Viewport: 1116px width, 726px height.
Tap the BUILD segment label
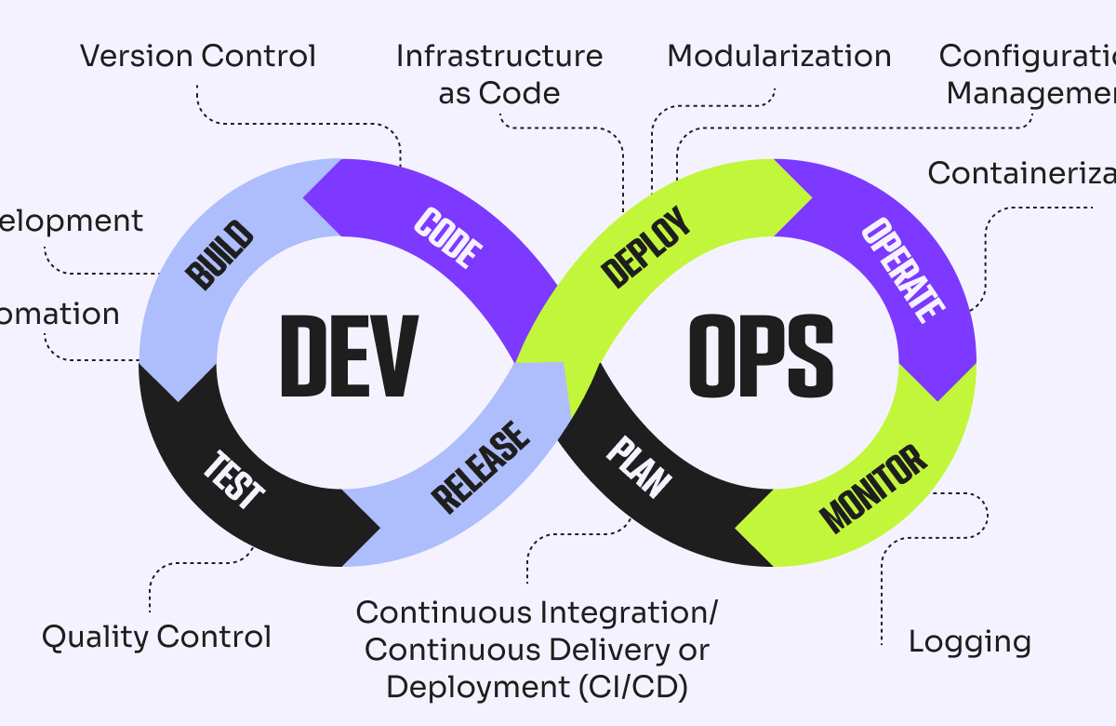tap(219, 254)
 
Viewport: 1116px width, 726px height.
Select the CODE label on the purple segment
tap(448, 239)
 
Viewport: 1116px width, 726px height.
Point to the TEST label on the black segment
tap(234, 479)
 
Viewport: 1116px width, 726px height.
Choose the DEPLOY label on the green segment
tap(647, 248)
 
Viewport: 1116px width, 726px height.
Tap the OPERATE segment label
tap(903, 270)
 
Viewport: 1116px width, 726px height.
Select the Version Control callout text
tap(198, 56)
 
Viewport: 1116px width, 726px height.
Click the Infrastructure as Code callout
tap(499, 74)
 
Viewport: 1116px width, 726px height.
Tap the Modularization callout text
tap(779, 56)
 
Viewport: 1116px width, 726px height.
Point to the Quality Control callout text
tap(156, 638)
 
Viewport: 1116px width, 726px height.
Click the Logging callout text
tap(970, 641)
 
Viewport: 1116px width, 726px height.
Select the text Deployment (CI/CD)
tap(538, 687)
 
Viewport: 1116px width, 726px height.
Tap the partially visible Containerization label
tap(1021, 173)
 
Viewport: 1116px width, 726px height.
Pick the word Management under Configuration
tap(1030, 93)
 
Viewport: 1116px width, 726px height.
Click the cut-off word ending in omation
tap(60, 314)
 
